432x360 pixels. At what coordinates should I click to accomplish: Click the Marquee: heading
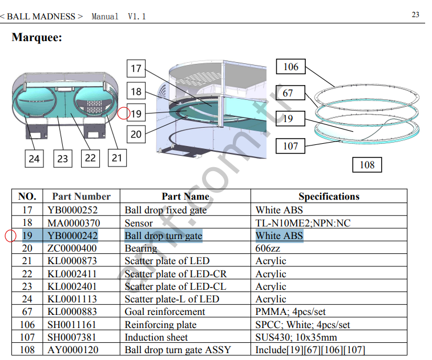(37, 38)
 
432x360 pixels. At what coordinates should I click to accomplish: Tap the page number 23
(415, 15)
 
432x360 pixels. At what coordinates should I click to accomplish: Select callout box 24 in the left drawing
(34, 158)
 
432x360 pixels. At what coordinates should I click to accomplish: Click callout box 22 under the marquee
(90, 157)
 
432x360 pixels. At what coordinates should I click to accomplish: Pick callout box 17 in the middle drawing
(136, 69)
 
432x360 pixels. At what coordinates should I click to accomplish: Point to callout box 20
(136, 135)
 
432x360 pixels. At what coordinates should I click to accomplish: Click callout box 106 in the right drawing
(290, 67)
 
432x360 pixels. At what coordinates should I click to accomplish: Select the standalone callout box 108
(367, 165)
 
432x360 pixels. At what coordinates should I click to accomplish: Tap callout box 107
(290, 146)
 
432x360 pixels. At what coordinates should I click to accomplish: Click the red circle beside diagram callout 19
(123, 114)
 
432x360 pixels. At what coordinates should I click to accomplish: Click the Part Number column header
(81, 197)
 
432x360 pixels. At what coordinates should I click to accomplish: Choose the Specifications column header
(329, 197)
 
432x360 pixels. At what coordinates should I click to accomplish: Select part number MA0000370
(72, 223)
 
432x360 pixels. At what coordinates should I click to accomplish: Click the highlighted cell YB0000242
(72, 236)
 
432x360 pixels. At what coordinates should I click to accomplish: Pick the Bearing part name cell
(141, 249)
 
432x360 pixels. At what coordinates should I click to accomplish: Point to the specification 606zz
(271, 249)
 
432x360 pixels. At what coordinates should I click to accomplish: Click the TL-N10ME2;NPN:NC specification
(302, 223)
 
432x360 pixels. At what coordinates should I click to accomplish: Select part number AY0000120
(72, 350)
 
